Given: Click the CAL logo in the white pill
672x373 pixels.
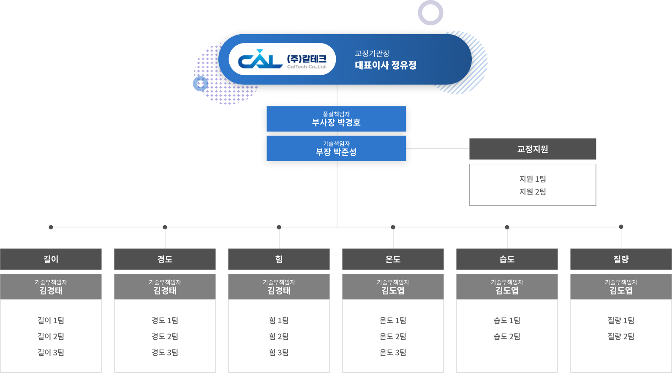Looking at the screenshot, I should pyautogui.click(x=260, y=59).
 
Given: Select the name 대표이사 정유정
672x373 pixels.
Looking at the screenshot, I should pyautogui.click(x=386, y=65).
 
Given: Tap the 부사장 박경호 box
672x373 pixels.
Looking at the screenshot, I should pyautogui.click(x=336, y=119).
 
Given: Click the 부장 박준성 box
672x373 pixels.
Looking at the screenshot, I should pyautogui.click(x=336, y=149).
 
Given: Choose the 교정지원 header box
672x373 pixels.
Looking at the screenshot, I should pyautogui.click(x=533, y=149).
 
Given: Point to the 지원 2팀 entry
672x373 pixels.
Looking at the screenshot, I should pyautogui.click(x=533, y=192).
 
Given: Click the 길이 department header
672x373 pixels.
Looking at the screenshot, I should pyautogui.click(x=51, y=259).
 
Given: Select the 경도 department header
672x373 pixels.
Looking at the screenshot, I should pyautogui.click(x=165, y=259).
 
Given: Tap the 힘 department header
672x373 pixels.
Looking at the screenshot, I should pyautogui.click(x=279, y=259).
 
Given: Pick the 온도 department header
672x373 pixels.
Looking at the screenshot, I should pyautogui.click(x=393, y=259).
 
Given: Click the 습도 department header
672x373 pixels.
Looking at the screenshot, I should pyautogui.click(x=507, y=259).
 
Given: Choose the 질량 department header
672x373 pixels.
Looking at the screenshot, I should pyautogui.click(x=621, y=259).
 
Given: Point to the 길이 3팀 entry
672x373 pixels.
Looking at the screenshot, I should pyautogui.click(x=51, y=353).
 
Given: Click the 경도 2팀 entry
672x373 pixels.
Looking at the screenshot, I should pyautogui.click(x=165, y=337).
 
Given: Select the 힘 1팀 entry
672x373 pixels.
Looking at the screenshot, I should pyautogui.click(x=279, y=321).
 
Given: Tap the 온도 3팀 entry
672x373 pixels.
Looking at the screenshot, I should pyautogui.click(x=393, y=353).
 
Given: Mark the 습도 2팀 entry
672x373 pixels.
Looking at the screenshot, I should pyautogui.click(x=507, y=337).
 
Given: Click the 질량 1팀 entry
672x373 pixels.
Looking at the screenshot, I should pyautogui.click(x=621, y=321).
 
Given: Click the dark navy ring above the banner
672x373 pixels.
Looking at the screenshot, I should pyautogui.click(x=430, y=12).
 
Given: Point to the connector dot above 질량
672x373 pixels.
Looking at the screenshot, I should pyautogui.click(x=621, y=227).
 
